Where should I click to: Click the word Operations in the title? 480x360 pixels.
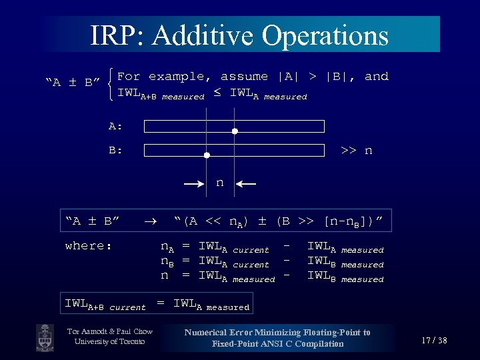(325, 35)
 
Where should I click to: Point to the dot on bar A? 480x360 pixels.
(235, 131)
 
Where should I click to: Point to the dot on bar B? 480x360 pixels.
(207, 155)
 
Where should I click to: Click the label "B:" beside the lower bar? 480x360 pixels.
(116, 151)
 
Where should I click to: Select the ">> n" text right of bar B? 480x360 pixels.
(356, 151)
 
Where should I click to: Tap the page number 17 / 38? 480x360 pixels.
(434, 341)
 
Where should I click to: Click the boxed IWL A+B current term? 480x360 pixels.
(105, 305)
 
